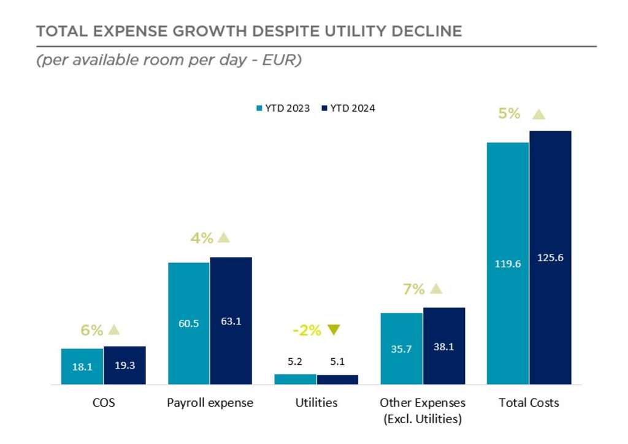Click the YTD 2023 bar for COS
[82, 366]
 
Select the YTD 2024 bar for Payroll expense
[231, 321]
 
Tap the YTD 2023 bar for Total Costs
[507, 264]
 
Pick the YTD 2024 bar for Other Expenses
[444, 346]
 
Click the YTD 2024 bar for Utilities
[337, 380]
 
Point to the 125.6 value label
[550, 258]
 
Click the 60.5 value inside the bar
[188, 323]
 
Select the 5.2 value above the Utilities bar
[294, 362]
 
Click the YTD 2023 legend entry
[283, 108]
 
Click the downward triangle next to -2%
[333, 330]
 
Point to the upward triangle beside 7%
[435, 288]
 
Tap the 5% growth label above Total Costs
[509, 113]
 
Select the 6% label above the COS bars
[92, 330]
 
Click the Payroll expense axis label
[210, 403]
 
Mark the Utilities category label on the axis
[316, 403]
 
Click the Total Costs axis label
[529, 403]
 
